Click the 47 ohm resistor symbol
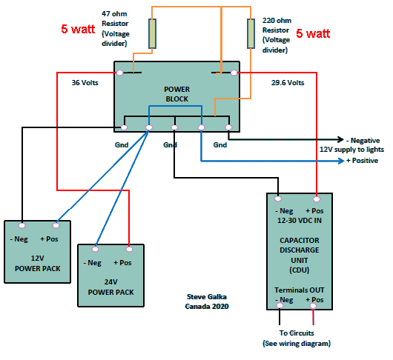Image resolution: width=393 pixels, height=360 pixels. pos(152,33)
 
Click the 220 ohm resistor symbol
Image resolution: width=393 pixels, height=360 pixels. pos(251,33)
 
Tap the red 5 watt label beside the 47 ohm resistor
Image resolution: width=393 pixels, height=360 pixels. pos(78,29)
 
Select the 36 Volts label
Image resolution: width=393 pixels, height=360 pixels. pos(85,83)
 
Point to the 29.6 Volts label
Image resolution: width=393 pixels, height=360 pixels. pos(288,83)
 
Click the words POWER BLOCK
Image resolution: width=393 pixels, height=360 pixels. pos(176,94)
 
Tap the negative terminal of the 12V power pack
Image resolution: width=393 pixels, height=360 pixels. pos(22,226)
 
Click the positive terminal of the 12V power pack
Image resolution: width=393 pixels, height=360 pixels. pos(56,226)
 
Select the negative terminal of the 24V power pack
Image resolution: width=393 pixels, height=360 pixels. pos(95,249)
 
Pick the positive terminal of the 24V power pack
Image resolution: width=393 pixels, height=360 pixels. pos(129,249)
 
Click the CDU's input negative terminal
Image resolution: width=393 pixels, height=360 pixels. pos(278,199)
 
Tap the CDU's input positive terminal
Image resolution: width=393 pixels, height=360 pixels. pos(317,199)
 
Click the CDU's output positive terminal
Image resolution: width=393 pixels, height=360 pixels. pos(313,306)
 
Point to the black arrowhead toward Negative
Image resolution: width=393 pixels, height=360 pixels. pos(341,139)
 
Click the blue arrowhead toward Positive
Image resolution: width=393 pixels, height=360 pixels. pos(341,161)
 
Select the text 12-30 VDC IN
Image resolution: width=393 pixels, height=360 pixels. pos(300,220)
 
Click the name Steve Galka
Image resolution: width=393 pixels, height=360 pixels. pos(207,296)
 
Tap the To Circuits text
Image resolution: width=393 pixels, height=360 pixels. pos(297,333)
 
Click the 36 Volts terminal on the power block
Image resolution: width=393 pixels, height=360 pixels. pos(120,73)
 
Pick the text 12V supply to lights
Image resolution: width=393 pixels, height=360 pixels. pos(351,150)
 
